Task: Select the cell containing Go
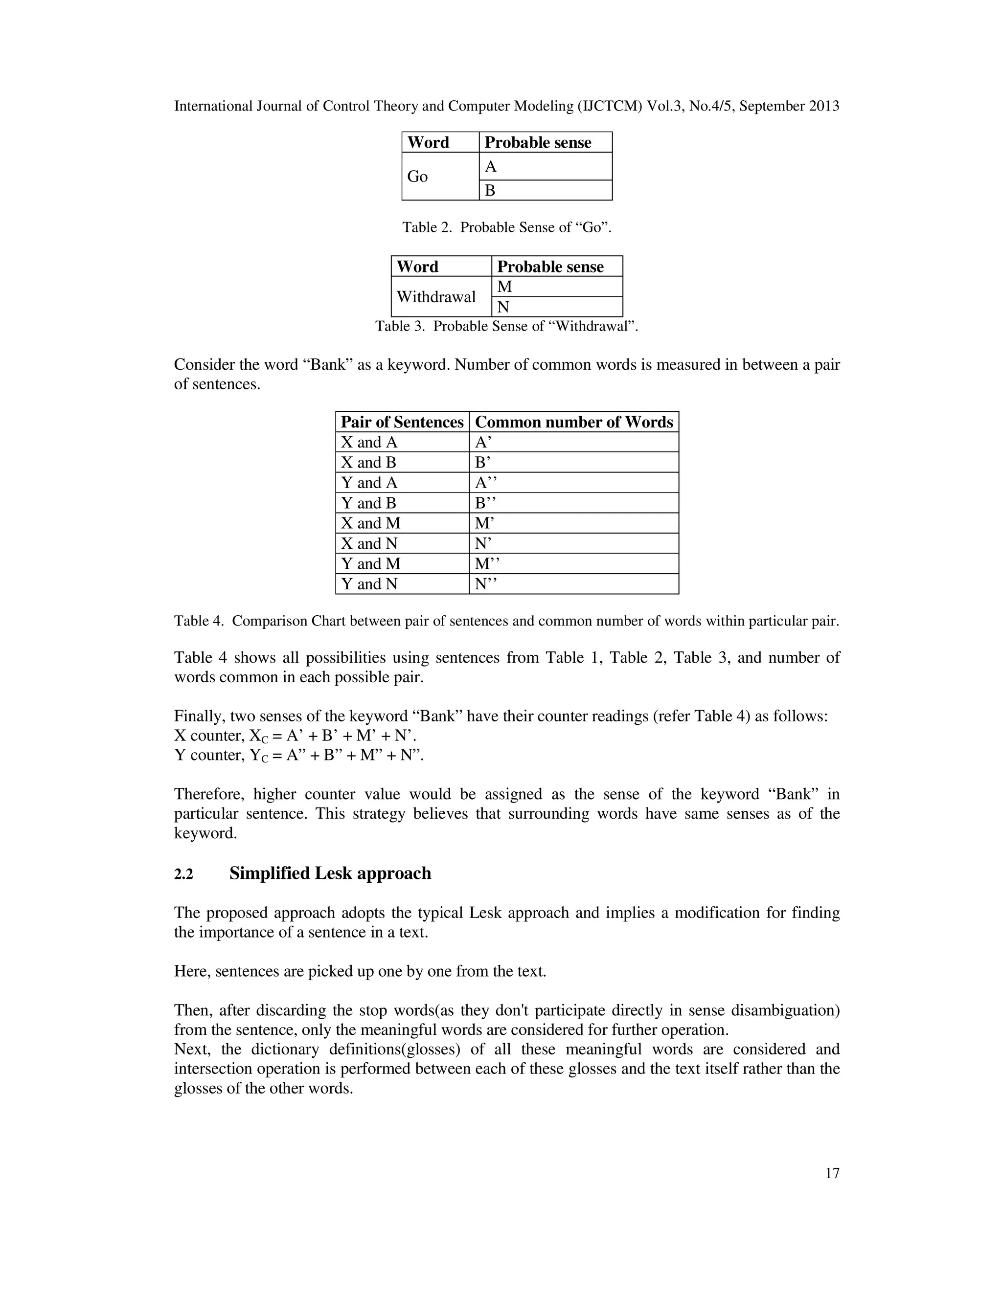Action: click(417, 176)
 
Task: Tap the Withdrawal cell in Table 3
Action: click(436, 297)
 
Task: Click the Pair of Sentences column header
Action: click(402, 422)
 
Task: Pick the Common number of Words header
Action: click(573, 422)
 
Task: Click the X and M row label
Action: click(370, 523)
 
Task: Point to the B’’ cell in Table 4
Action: click(485, 503)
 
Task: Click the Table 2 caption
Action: click(506, 227)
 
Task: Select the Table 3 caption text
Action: click(506, 326)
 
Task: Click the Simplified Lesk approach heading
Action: click(330, 873)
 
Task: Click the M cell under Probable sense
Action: click(504, 287)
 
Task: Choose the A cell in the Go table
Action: click(490, 167)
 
